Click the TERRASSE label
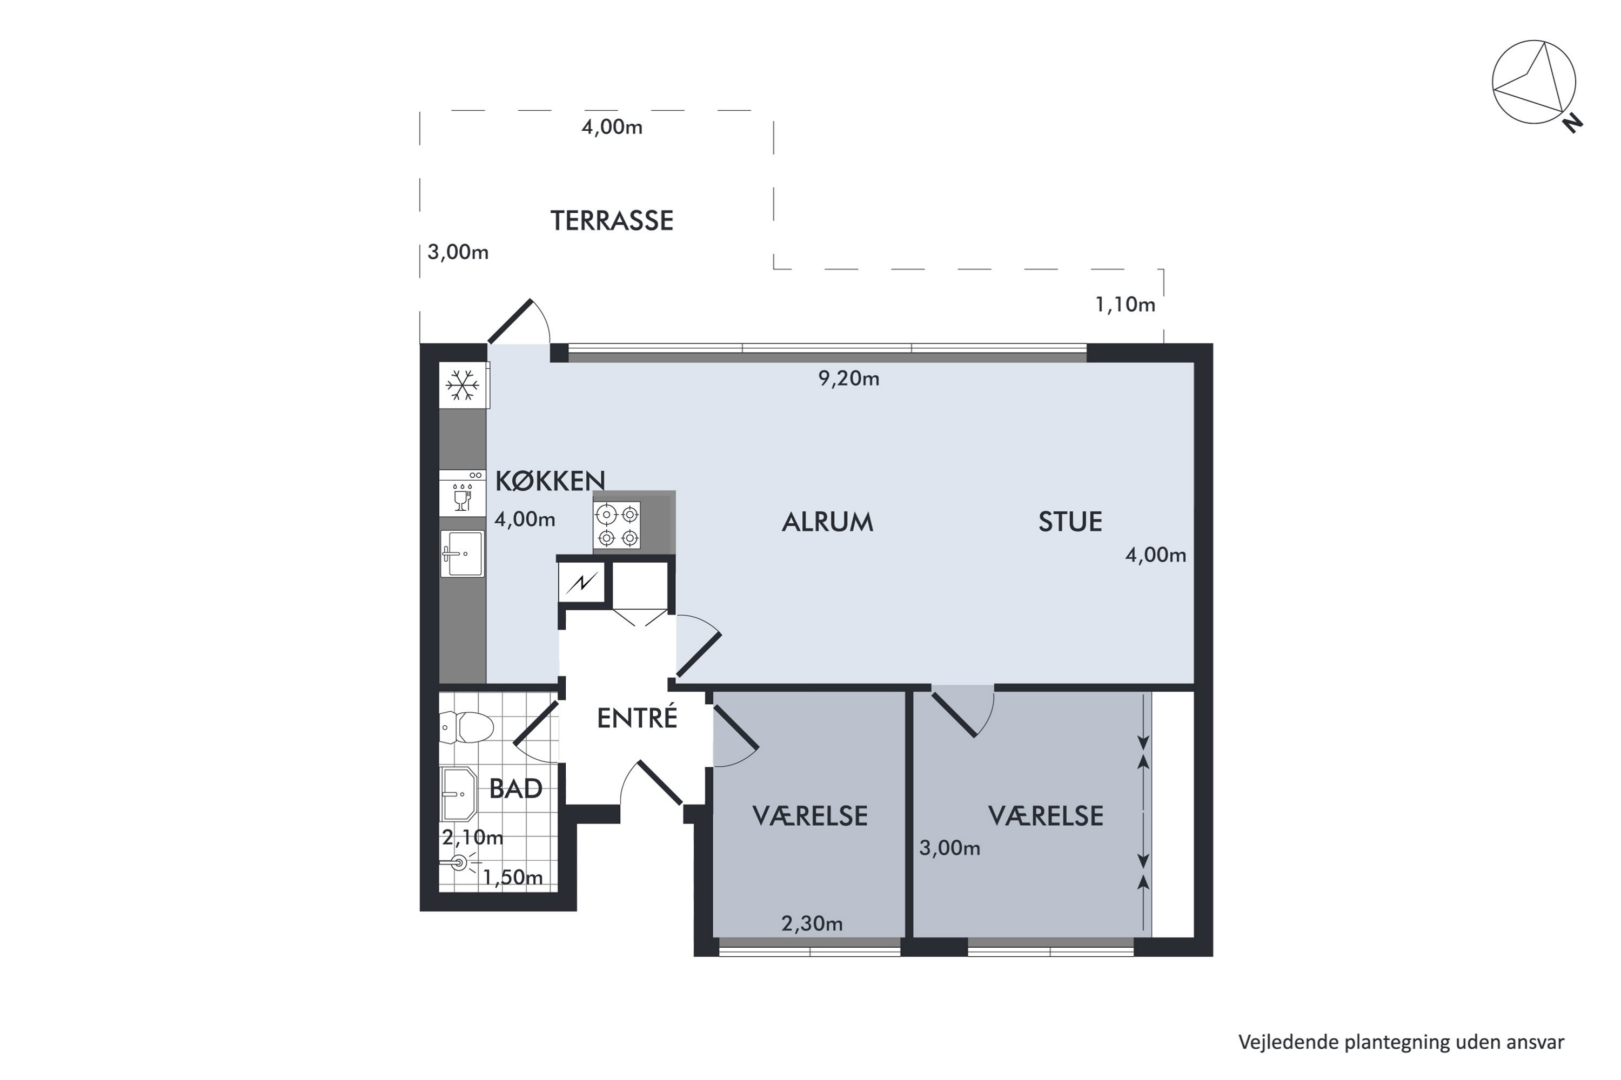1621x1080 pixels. point(611,220)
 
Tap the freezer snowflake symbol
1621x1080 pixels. point(463,385)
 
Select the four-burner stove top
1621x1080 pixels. point(617,525)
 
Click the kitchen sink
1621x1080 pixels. point(463,554)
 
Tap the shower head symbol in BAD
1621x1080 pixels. point(459,862)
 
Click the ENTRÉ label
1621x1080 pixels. point(637,718)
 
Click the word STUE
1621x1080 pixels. point(1070,522)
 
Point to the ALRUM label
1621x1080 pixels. point(827,522)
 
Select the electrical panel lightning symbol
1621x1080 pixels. point(582,583)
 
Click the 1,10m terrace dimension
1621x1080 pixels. point(1125,305)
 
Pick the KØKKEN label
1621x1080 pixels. point(550,481)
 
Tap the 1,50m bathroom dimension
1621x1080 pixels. point(512,878)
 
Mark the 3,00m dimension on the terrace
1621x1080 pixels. point(458,252)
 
